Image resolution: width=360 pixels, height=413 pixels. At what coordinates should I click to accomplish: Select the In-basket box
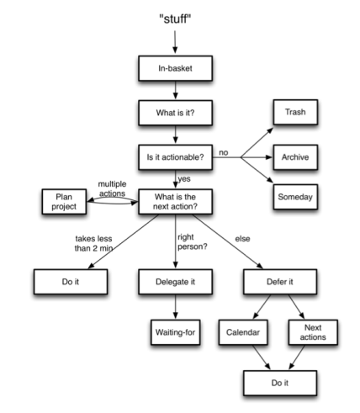click(x=175, y=69)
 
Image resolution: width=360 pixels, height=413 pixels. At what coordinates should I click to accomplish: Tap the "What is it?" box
click(x=175, y=113)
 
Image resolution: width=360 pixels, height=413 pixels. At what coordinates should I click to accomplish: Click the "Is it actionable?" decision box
click(x=175, y=156)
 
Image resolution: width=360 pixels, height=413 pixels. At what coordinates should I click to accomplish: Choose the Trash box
click(x=295, y=113)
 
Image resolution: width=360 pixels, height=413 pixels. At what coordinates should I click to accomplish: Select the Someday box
click(x=295, y=198)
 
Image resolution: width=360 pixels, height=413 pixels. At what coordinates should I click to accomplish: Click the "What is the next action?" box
click(x=175, y=202)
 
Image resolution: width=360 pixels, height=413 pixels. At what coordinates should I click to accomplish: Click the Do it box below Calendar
click(x=281, y=383)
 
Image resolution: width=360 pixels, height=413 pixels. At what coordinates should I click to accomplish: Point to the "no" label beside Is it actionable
click(x=224, y=153)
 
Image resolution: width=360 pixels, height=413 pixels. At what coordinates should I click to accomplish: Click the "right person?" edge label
click(x=193, y=243)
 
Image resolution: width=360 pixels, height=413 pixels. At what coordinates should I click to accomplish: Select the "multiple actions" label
click(x=112, y=188)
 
